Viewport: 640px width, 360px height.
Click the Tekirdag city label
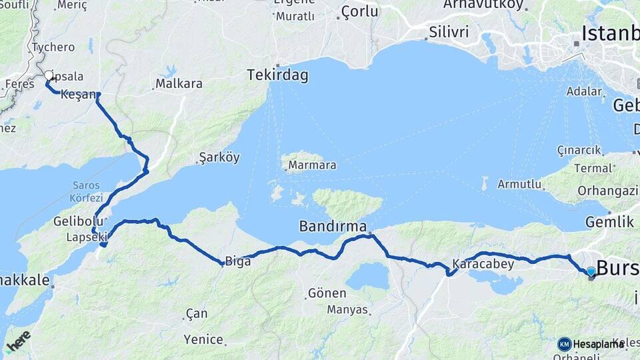tap(278, 75)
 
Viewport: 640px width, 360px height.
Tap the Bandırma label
tap(333, 226)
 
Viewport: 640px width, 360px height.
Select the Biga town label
tap(237, 261)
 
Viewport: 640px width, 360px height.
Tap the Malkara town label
tap(179, 84)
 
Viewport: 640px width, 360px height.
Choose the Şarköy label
tap(219, 158)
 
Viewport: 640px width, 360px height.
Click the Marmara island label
tap(312, 164)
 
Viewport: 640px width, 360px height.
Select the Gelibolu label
tap(79, 221)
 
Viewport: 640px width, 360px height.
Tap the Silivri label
tap(449, 32)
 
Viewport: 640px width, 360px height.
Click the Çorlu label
tap(359, 11)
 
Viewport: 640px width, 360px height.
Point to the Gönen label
tap(327, 293)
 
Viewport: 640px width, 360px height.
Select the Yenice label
tap(203, 339)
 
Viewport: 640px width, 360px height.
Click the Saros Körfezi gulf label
tap(87, 191)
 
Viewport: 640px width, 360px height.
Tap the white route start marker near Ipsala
tap(48, 75)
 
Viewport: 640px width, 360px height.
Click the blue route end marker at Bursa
tap(591, 271)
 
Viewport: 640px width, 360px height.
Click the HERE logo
tap(18, 341)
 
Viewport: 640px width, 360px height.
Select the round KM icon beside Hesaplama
tap(565, 344)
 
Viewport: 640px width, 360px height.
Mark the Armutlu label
tap(519, 184)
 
